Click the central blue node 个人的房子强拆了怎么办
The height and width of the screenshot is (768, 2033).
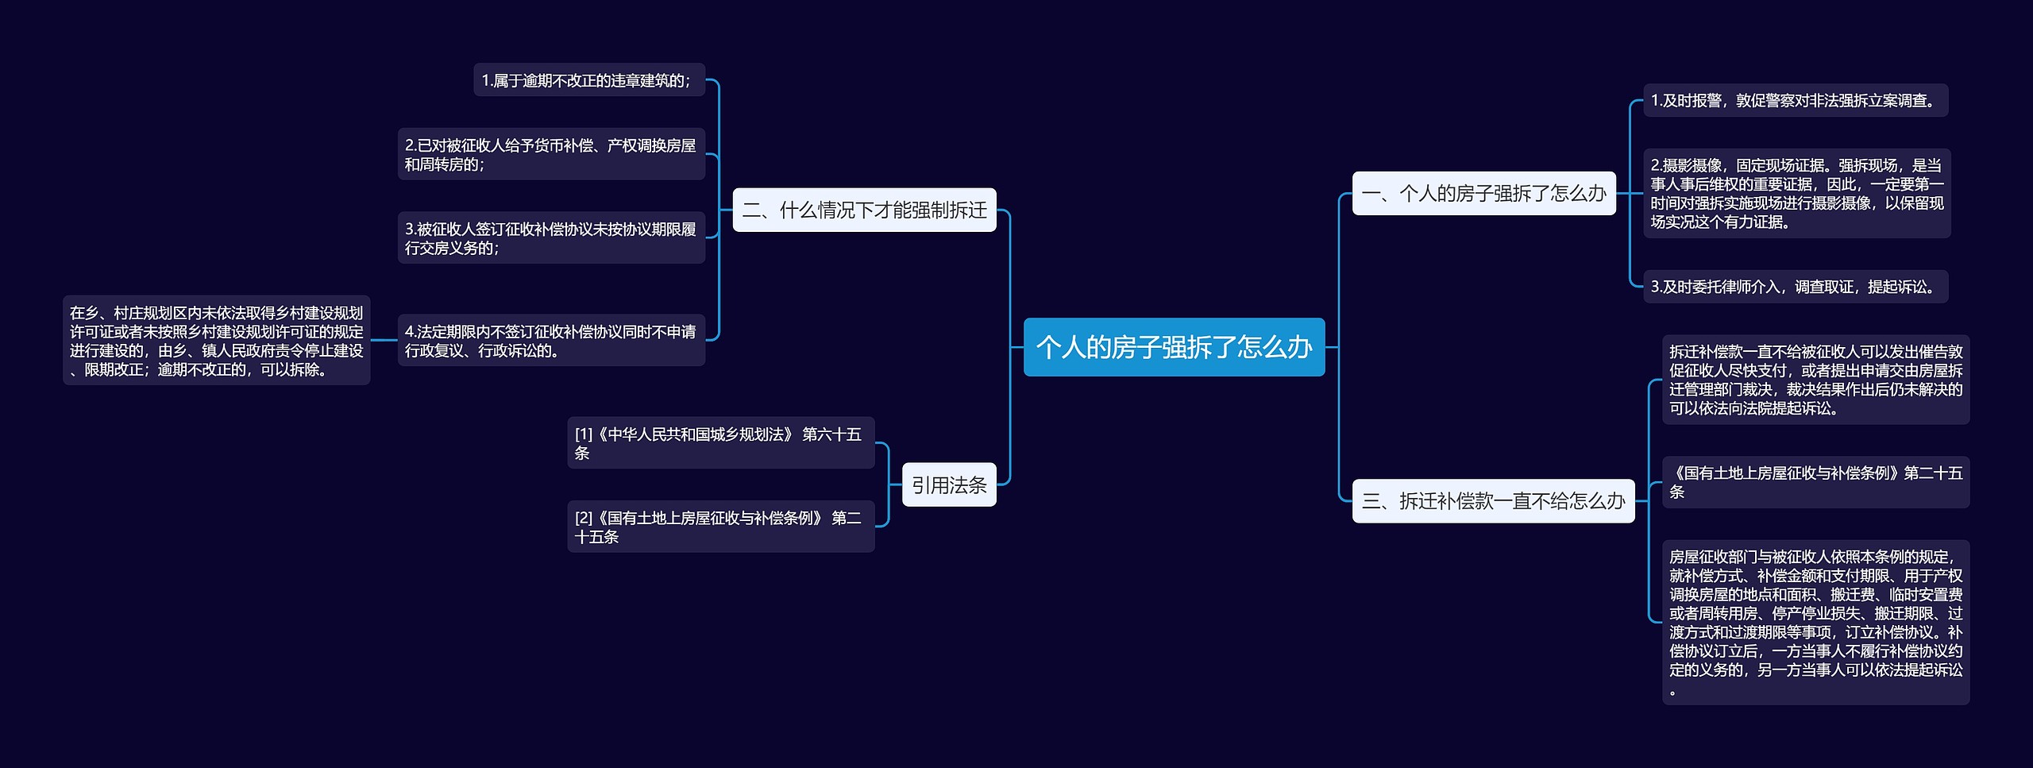pos(1174,347)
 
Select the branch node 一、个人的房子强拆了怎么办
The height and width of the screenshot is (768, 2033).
pos(1483,193)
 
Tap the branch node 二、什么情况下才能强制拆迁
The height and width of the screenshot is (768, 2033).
pos(864,210)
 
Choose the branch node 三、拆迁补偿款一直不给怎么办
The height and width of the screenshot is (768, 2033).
pos(1493,500)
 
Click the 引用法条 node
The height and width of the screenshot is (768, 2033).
pos(949,484)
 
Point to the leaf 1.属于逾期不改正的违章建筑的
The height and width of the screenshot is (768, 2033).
pos(588,80)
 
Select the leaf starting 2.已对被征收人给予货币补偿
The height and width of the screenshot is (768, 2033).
pos(551,154)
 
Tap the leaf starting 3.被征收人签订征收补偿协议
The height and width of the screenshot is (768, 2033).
pos(551,237)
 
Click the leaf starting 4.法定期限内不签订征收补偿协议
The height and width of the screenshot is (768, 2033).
pos(551,340)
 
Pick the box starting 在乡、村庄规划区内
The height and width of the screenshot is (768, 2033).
pos(216,341)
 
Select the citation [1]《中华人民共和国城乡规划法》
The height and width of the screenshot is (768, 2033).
pos(720,442)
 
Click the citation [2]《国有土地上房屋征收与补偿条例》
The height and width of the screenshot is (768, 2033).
pos(720,526)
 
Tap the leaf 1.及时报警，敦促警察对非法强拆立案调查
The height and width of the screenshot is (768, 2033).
pos(1795,100)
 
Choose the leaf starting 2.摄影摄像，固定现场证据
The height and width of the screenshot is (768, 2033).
pos(1796,193)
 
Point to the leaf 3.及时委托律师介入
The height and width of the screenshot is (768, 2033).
pos(1795,287)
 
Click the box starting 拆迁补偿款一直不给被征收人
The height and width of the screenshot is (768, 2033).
pos(1815,380)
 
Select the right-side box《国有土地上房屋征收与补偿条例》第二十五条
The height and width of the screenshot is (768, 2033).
pos(1815,481)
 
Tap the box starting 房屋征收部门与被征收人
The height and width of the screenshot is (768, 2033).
pos(1815,622)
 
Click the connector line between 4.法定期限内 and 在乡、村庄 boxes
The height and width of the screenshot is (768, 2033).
pos(384,340)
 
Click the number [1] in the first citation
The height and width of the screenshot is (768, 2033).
pos(584,434)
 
